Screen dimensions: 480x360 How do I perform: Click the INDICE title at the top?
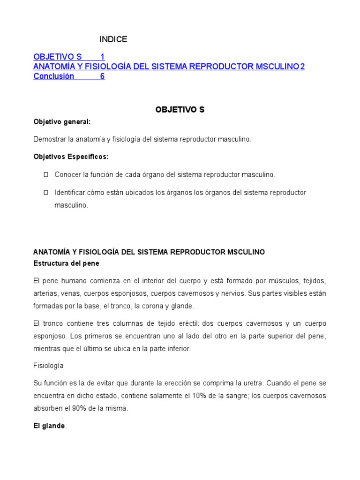(x=113, y=39)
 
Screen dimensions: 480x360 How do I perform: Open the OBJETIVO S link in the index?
(x=57, y=57)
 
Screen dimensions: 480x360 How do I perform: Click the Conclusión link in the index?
(x=53, y=76)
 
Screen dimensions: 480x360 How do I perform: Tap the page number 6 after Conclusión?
(x=102, y=76)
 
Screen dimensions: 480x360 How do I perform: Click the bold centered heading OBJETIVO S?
(x=180, y=110)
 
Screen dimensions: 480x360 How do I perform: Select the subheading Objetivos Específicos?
(x=71, y=157)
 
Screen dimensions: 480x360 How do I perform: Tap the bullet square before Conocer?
(x=46, y=175)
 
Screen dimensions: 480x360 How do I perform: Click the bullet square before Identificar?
(x=46, y=193)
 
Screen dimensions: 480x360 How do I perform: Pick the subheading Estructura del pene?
(x=66, y=263)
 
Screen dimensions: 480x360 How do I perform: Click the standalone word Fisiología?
(x=48, y=365)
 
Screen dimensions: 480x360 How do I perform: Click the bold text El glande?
(x=49, y=426)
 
